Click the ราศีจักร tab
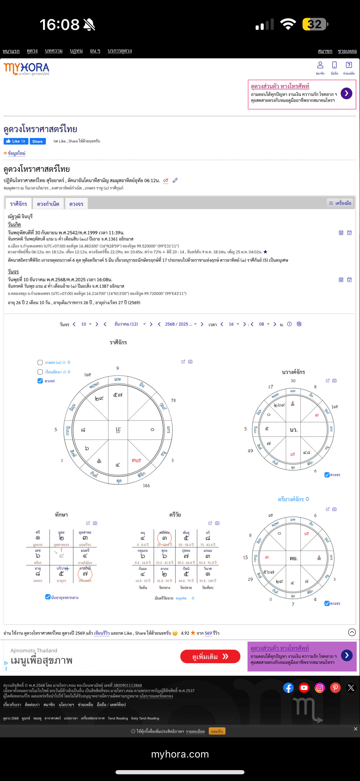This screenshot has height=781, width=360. pos(18,204)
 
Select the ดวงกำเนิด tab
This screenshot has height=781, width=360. pos(48,204)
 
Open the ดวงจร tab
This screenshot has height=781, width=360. pos(76,204)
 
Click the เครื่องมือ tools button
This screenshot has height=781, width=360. pos(340,203)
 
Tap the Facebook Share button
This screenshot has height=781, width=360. pos(37,141)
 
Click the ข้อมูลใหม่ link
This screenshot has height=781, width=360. pos(16,153)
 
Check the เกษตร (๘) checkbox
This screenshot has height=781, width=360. pos(40,362)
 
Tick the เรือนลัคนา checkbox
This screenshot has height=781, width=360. pos(40,372)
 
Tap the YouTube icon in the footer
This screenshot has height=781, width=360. pos(304,688)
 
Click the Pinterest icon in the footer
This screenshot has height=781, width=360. pos(335,688)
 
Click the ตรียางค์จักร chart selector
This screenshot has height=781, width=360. pos(293,499)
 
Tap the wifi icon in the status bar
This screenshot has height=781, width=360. pos(288,24)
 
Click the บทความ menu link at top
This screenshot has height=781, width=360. pos(54,51)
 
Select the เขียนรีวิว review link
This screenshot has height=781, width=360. pos(102,633)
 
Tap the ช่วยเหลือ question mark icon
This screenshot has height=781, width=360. pos(349,65)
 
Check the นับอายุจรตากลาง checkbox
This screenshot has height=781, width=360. pos(48,597)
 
